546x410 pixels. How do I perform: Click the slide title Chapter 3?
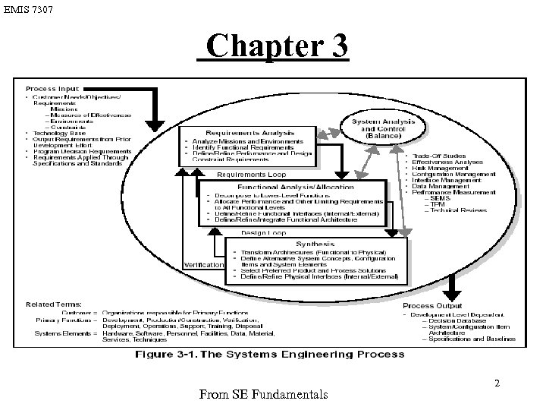click(x=277, y=46)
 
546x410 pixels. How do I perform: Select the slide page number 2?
click(x=497, y=383)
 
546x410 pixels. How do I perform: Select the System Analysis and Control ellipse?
click(x=387, y=126)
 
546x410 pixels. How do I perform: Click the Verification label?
click(x=203, y=265)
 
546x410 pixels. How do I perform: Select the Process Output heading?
click(x=438, y=305)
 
